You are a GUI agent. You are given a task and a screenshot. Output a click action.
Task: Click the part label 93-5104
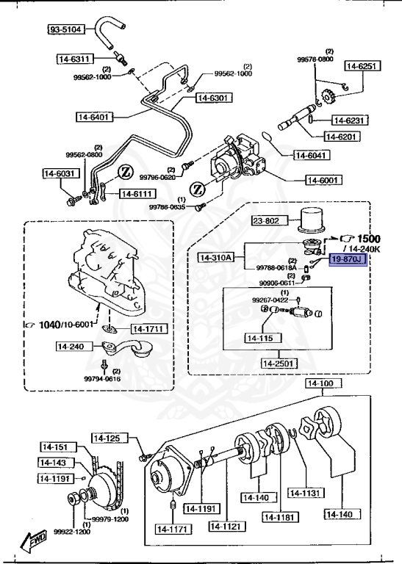click(66, 30)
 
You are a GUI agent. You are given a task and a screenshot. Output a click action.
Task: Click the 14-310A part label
click(216, 257)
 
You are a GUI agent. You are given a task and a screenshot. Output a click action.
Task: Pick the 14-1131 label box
click(304, 493)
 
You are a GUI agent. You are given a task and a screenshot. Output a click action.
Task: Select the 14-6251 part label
click(360, 66)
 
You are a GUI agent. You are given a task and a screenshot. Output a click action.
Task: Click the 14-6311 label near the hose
click(73, 59)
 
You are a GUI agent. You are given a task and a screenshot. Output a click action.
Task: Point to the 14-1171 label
click(173, 527)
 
